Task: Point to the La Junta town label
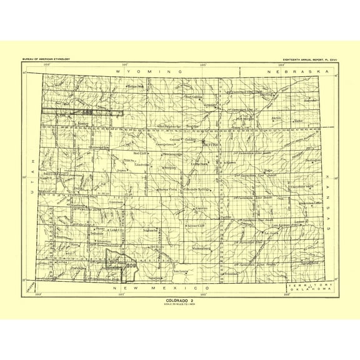pos(271,232)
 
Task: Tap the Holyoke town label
pos(311,99)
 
